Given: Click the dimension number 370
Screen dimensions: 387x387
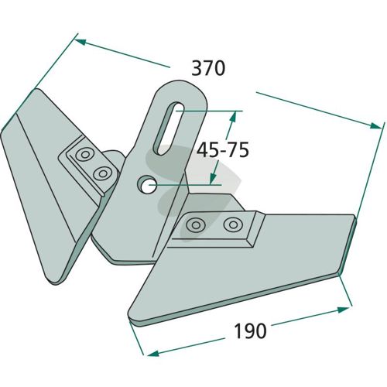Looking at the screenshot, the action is click(208, 68).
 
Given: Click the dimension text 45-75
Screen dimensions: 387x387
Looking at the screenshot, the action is click(223, 150).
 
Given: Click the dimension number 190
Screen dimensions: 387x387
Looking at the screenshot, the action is click(250, 331).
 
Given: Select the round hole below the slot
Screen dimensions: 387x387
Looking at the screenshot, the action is click(147, 184).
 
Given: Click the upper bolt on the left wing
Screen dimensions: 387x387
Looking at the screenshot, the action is click(84, 155).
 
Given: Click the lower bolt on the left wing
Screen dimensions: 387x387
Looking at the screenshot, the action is click(102, 173).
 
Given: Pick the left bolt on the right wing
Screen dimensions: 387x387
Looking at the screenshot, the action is click(196, 225).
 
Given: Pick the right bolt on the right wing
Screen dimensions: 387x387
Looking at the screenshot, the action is click(233, 224).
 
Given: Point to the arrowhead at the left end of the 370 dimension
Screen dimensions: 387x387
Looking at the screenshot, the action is click(80, 42).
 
